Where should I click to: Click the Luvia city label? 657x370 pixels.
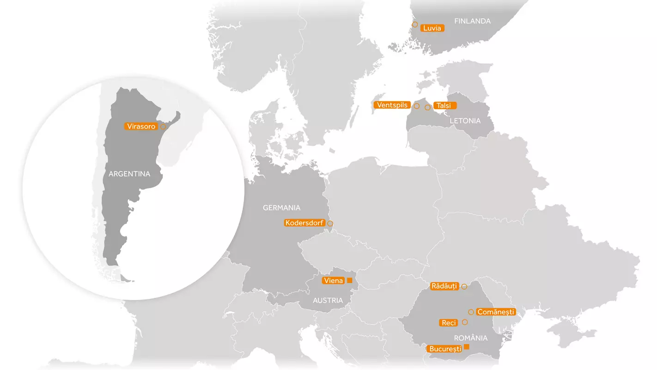pyautogui.click(x=432, y=28)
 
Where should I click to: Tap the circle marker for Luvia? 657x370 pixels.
pyautogui.click(x=415, y=25)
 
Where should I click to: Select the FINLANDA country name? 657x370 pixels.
pyautogui.click(x=472, y=21)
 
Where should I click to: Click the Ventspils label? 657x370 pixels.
pyautogui.click(x=392, y=105)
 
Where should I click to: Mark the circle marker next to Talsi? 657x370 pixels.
pyautogui.click(x=428, y=107)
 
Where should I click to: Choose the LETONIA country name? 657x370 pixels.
pyautogui.click(x=465, y=121)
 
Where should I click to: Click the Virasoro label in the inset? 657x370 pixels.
pyautogui.click(x=141, y=126)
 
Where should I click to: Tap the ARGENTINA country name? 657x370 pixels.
pyautogui.click(x=129, y=174)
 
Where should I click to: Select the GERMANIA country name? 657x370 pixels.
pyautogui.click(x=281, y=208)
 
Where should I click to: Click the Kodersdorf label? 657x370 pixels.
pyautogui.click(x=304, y=223)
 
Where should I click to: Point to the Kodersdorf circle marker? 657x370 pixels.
pyautogui.click(x=330, y=224)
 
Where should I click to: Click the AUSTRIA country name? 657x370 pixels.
pyautogui.click(x=328, y=301)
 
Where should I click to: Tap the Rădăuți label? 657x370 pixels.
pyautogui.click(x=444, y=286)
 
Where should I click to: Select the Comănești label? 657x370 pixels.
pyautogui.click(x=496, y=312)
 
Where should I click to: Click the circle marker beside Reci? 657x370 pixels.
pyautogui.click(x=465, y=322)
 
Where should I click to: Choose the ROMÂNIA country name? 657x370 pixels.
pyautogui.click(x=470, y=338)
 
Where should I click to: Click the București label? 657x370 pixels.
pyautogui.click(x=445, y=349)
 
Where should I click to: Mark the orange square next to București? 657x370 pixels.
pyautogui.click(x=467, y=347)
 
